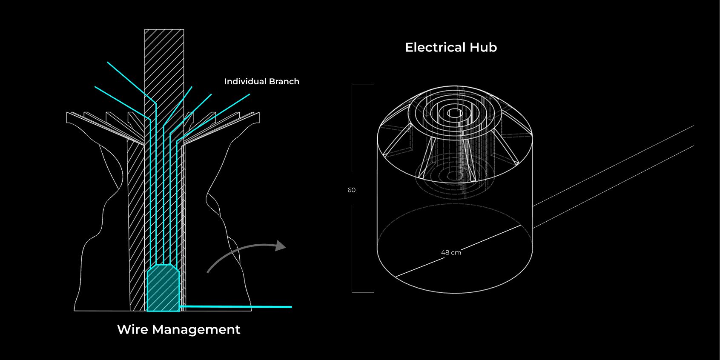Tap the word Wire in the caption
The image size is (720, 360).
pyautogui.click(x=132, y=329)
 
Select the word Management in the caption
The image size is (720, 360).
pyautogui.click(x=196, y=329)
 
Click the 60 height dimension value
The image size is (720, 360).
pyautogui.click(x=351, y=190)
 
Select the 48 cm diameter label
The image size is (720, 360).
pyautogui.click(x=451, y=252)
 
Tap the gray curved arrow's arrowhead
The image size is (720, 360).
pyautogui.click(x=280, y=246)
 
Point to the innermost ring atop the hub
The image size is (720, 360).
pyautogui.click(x=455, y=113)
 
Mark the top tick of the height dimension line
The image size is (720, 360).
pyautogui.click(x=363, y=85)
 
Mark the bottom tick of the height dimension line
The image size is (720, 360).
pyautogui.click(x=363, y=292)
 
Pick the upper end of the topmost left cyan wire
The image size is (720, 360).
pyautogui.click(x=108, y=63)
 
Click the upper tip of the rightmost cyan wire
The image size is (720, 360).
pyautogui.click(x=249, y=94)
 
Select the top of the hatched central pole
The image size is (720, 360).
pyautogui.click(x=164, y=31)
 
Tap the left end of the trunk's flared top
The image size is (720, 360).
pyautogui.click(x=68, y=117)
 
